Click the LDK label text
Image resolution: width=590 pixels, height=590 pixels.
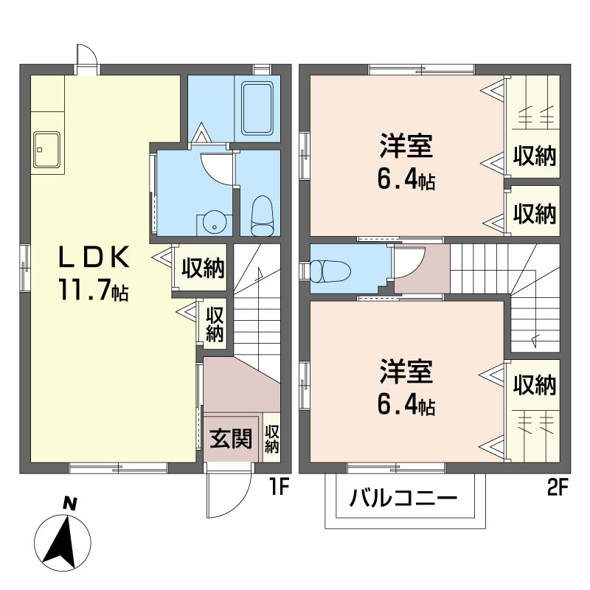click(x=94, y=257)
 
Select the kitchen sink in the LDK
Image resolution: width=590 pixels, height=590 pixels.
click(x=46, y=150)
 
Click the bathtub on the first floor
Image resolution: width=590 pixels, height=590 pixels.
click(x=257, y=108)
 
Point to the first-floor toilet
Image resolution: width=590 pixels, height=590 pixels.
click(x=262, y=215)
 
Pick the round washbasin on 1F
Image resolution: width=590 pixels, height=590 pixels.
click(x=214, y=223)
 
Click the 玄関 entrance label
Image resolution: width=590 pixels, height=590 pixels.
click(x=230, y=438)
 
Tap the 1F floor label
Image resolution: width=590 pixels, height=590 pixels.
click(x=279, y=488)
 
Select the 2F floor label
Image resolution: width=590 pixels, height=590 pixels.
click(x=558, y=488)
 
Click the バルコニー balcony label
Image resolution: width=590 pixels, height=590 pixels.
click(x=403, y=498)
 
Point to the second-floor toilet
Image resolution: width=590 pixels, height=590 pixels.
click(x=330, y=271)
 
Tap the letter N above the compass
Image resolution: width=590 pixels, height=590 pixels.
click(x=69, y=504)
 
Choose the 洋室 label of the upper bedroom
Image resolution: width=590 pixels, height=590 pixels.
click(x=406, y=145)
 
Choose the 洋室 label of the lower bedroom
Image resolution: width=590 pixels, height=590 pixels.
click(x=406, y=371)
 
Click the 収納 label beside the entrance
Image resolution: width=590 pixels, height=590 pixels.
click(x=271, y=438)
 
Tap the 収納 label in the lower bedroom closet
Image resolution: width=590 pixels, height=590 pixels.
click(x=535, y=384)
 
